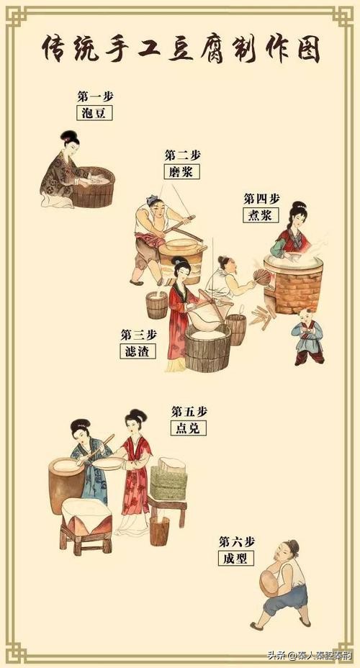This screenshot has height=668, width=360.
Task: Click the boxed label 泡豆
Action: click(94, 112)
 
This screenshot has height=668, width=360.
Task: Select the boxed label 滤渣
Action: click(138, 351)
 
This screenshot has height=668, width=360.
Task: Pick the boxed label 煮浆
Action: click(261, 215)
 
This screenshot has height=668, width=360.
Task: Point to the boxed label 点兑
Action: click(188, 428)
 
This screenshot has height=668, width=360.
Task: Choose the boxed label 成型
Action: click(236, 557)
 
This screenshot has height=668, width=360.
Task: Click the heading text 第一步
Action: click(94, 96)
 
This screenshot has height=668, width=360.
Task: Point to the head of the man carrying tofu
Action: click(291, 549)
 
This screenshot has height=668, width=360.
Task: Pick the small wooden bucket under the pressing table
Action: click(159, 531)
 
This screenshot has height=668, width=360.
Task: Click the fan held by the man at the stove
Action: click(262, 277)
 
